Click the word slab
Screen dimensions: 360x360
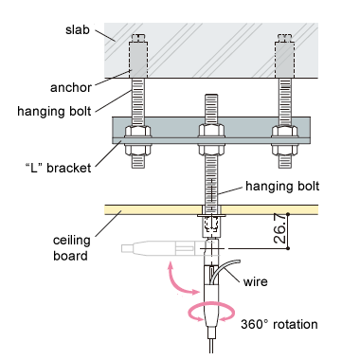(78, 29)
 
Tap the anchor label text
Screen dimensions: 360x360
(71, 87)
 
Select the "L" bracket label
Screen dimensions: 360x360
(58, 168)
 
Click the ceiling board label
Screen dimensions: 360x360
(71, 248)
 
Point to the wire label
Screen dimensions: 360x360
(255, 281)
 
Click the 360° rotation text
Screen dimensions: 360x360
(279, 324)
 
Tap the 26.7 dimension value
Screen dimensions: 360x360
(280, 228)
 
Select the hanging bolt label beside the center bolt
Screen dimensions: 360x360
(282, 186)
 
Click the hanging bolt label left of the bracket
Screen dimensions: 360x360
(54, 111)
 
